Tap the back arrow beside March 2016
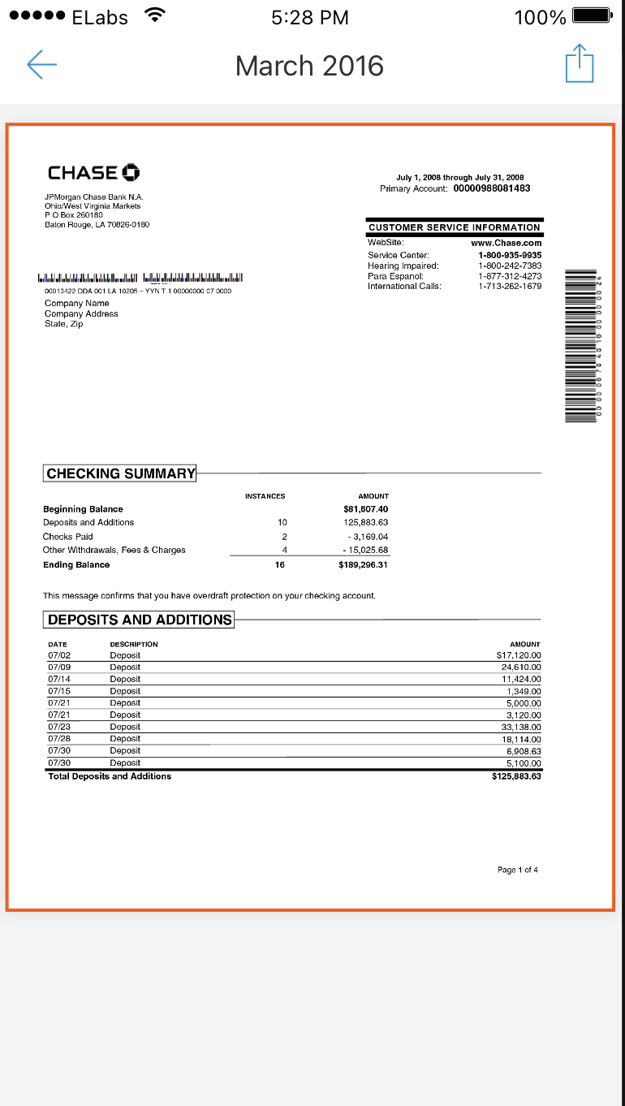click(x=41, y=65)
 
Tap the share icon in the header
click(x=580, y=64)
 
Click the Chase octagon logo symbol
click(x=131, y=172)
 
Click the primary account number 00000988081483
click(x=492, y=188)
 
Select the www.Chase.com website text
click(x=506, y=243)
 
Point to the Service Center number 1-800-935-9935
click(x=510, y=255)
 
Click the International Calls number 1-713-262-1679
click(x=510, y=286)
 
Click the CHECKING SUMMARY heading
click(x=120, y=473)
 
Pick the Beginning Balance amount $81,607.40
click(x=366, y=509)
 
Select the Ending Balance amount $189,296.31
click(x=363, y=564)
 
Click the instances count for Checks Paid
click(x=284, y=537)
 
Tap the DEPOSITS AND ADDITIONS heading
click(x=139, y=620)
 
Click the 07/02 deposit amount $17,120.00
click(x=518, y=655)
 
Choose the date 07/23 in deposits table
click(x=59, y=727)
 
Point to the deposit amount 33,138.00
click(x=521, y=727)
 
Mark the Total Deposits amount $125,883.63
click(x=516, y=776)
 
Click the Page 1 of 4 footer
click(x=517, y=870)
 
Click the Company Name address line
click(x=76, y=303)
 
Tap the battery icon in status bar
click(x=591, y=16)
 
